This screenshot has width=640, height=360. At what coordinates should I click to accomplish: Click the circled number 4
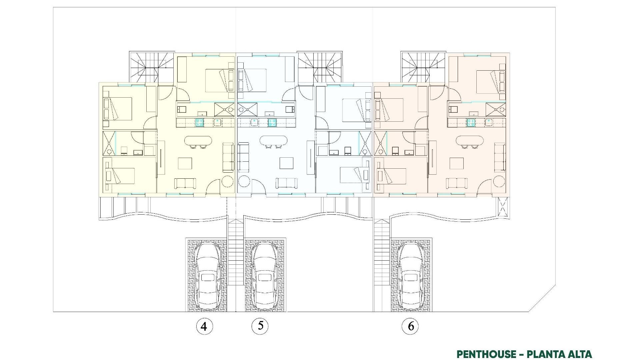tap(204, 326)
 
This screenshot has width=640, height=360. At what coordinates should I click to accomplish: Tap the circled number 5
tap(260, 326)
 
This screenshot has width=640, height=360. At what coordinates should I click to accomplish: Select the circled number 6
tap(411, 326)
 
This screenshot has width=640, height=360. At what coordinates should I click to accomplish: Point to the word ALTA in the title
tap(579, 354)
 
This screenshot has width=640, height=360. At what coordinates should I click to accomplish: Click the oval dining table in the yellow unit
tap(198, 141)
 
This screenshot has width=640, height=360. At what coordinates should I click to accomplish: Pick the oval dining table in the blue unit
tap(273, 141)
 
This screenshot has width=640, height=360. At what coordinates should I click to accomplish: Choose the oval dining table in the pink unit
tap(469, 141)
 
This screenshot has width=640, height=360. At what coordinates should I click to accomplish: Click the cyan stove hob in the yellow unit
tap(199, 123)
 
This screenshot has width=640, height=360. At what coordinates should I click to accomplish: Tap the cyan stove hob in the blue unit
tap(272, 123)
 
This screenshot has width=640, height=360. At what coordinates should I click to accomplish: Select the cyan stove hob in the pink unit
tap(471, 123)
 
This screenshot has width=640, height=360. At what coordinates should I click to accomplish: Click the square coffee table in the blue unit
tap(286, 163)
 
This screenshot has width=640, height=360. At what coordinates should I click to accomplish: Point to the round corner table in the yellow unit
tap(228, 182)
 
